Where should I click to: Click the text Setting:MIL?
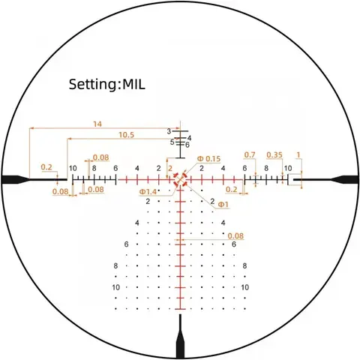(x=106, y=84)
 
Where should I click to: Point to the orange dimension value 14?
(x=97, y=124)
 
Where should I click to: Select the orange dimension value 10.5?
(x=126, y=135)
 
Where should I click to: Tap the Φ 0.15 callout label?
(x=208, y=158)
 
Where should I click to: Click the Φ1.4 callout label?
(x=148, y=192)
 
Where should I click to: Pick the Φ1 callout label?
(x=223, y=205)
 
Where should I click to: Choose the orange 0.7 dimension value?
(x=250, y=155)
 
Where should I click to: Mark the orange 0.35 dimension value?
(x=274, y=155)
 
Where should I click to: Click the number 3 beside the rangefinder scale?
(x=169, y=131)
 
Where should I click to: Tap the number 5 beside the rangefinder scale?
(x=172, y=142)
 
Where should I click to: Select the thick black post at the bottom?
(x=180, y=337)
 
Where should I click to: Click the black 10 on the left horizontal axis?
(x=73, y=168)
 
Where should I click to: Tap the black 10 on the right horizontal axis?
(x=288, y=168)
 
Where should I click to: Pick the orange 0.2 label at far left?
(x=46, y=167)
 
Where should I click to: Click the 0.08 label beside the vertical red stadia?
(x=235, y=235)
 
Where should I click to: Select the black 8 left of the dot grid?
(x=115, y=265)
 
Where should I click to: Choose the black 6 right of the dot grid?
(x=234, y=244)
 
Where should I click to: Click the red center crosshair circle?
(x=180, y=179)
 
